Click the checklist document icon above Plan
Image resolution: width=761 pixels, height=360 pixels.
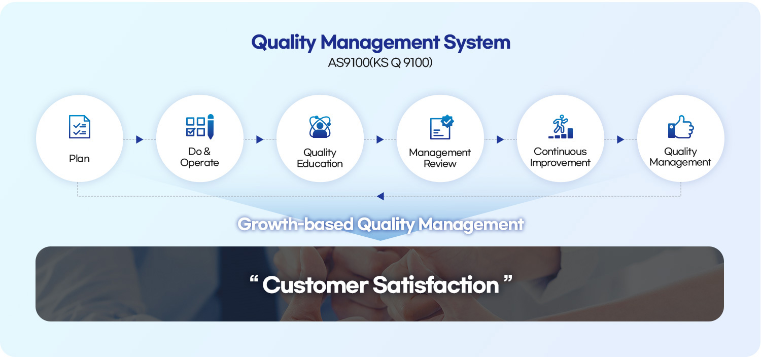click(80, 127)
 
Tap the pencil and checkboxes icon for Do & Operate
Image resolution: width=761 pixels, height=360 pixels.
click(200, 127)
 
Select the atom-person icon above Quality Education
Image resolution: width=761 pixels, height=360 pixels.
click(320, 127)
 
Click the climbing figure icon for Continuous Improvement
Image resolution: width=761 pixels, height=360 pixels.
click(561, 126)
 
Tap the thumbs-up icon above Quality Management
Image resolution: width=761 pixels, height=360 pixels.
click(681, 127)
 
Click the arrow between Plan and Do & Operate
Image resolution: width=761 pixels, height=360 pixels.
click(140, 139)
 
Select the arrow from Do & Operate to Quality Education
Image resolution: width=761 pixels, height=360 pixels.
click(260, 139)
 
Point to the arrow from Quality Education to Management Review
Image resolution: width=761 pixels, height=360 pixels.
click(380, 139)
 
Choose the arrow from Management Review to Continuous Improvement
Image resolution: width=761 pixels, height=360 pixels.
click(500, 139)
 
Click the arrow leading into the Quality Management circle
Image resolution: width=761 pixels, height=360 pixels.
click(620, 139)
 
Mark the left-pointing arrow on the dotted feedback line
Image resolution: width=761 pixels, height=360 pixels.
click(380, 196)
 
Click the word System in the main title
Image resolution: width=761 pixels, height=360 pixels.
click(477, 43)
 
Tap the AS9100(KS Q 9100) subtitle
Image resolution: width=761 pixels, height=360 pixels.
click(380, 62)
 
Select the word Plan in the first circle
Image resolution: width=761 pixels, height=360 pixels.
click(79, 159)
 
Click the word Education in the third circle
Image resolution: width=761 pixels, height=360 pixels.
click(320, 164)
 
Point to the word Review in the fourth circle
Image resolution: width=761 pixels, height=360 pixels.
click(440, 164)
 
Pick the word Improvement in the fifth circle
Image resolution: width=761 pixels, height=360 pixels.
click(560, 163)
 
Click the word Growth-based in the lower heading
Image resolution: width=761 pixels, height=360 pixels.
click(296, 225)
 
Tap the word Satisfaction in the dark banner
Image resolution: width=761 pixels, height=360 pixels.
click(436, 285)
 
